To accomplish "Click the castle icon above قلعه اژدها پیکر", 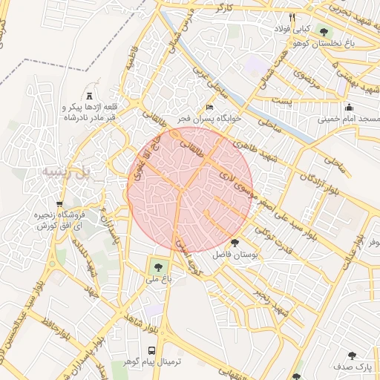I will (x=90, y=96).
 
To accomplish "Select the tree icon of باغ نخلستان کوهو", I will (x=324, y=30).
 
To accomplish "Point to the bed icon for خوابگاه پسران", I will (x=209, y=108).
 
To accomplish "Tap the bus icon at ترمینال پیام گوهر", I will (x=152, y=350).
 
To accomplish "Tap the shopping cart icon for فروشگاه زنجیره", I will (x=59, y=204).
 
